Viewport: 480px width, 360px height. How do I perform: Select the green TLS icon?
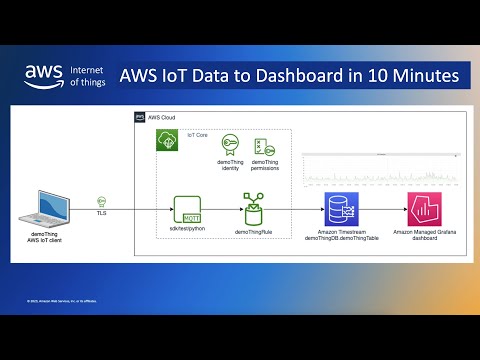click(x=102, y=201)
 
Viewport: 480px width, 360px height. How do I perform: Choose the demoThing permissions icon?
click(x=264, y=146)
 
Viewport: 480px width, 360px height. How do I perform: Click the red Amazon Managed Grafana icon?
click(x=422, y=211)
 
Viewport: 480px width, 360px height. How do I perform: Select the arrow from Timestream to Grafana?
click(x=380, y=211)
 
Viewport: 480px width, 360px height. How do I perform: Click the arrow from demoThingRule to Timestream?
click(x=295, y=211)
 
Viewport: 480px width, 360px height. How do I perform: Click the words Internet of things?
click(x=87, y=76)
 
